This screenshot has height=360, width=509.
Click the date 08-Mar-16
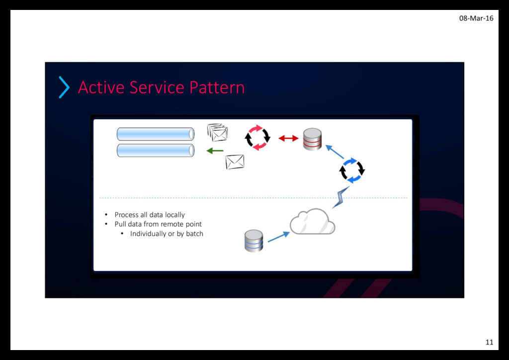coord(476,18)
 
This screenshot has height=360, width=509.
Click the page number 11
coord(489,342)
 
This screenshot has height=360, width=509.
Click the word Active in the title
coord(101,88)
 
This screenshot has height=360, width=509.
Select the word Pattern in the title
coord(217,88)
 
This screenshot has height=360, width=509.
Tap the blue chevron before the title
coord(64,87)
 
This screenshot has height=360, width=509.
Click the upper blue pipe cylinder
coord(156,134)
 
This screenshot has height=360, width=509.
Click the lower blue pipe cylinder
coord(156,150)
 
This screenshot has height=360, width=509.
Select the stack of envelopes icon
coord(217,132)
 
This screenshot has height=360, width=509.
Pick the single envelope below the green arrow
coord(235,162)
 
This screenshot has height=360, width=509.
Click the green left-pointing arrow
coord(215,151)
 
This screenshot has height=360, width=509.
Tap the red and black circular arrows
coord(257,138)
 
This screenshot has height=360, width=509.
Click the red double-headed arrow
coord(288,138)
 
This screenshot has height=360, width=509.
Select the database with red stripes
coord(313,139)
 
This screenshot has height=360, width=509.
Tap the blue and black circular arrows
coord(352,170)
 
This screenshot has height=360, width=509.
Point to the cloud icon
coord(313,222)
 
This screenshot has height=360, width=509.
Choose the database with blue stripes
coord(254,241)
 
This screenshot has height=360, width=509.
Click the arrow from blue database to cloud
coord(278,236)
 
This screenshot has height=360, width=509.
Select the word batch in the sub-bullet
coord(194,234)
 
